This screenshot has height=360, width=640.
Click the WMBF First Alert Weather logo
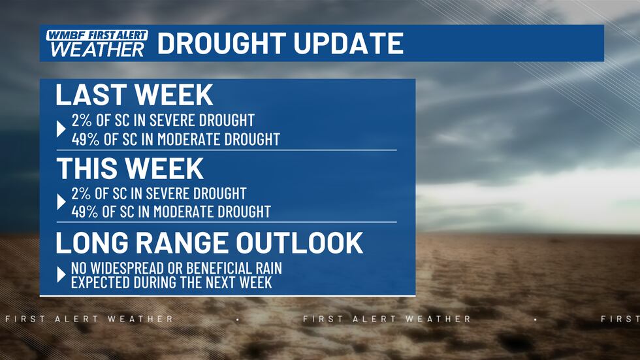click(x=96, y=43)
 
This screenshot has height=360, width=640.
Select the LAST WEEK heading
click(x=135, y=95)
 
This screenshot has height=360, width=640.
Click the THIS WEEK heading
click(x=130, y=168)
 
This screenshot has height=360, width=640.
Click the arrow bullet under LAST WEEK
click(x=61, y=129)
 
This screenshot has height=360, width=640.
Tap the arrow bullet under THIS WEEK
click(x=61, y=203)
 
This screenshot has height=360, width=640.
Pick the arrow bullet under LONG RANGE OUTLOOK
click(x=61, y=275)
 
